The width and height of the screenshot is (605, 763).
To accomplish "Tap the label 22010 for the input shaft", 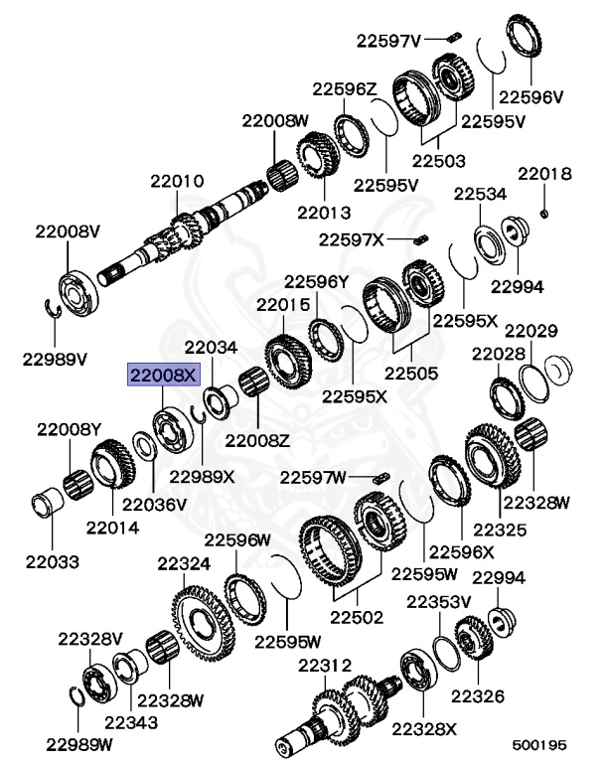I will tap(178, 182).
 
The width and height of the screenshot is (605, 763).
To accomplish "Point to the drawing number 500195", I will tap(539, 742).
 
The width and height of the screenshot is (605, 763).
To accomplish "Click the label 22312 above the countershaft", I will tap(325, 665).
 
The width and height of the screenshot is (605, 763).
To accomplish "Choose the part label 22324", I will tap(184, 564).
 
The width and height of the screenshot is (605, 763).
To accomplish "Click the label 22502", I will tap(357, 617).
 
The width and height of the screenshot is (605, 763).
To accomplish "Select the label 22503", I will tap(439, 159).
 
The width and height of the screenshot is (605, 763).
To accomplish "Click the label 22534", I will tap(481, 194).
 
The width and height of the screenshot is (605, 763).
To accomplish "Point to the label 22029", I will tap(531, 330).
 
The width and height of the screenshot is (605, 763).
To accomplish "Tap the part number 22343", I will tap(131, 722).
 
